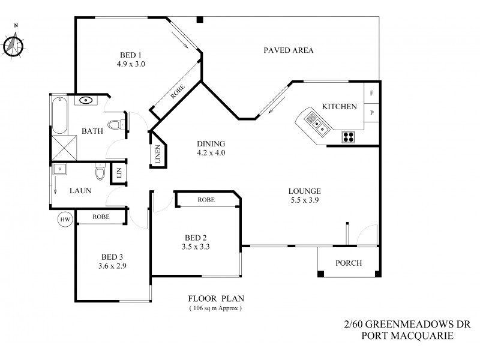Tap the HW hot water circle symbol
[65, 220]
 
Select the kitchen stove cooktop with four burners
[349, 136]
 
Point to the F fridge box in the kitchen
[372, 94]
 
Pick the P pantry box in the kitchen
[372, 112]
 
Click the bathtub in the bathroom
[59, 116]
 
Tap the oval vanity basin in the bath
[86, 100]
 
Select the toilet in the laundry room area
[101, 174]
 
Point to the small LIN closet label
[119, 173]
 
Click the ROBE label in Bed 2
[206, 200]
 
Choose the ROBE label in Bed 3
[101, 217]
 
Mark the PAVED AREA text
[289, 50]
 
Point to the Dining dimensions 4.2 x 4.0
[211, 152]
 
